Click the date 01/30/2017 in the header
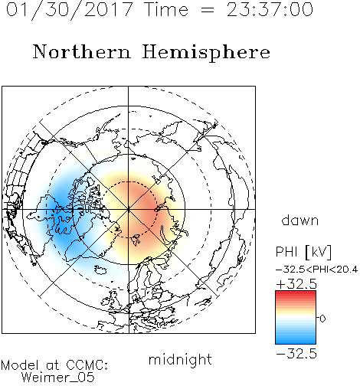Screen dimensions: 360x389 click(70, 10)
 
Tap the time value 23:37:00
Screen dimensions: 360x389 click(270, 9)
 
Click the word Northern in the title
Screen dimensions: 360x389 click(82, 52)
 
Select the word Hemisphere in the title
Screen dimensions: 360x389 click(206, 53)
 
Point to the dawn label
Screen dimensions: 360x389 click(300, 221)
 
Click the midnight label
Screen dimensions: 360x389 click(180, 360)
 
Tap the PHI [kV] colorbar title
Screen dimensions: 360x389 click(303, 252)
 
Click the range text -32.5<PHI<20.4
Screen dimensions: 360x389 click(317, 270)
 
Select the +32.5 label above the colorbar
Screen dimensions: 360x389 click(296, 284)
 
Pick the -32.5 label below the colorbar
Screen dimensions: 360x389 click(296, 354)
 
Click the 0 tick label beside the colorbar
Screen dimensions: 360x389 click(322, 319)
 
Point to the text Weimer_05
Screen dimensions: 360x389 click(58, 378)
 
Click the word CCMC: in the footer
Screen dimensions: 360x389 click(87, 365)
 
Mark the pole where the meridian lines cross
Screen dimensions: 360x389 click(129, 209)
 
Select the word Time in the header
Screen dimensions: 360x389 click(166, 9)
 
